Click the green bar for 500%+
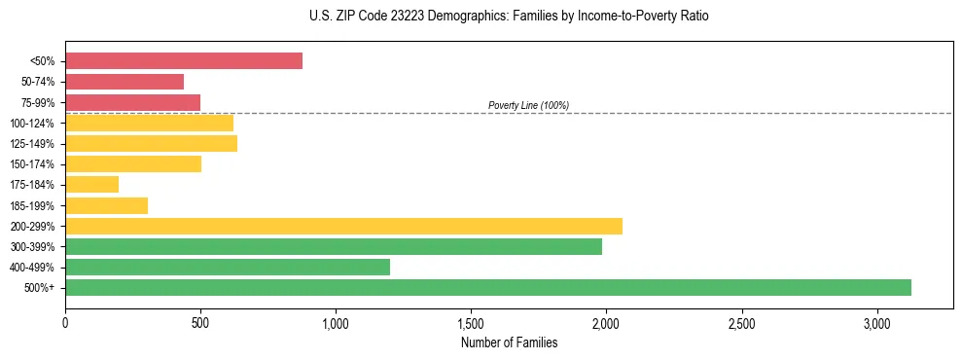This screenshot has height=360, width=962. tap(487, 287)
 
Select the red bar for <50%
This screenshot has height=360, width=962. tap(184, 60)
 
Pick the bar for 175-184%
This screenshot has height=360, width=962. tap(91, 184)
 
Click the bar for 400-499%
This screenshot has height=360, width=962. tap(228, 267)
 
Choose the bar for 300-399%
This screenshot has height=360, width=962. tap(334, 246)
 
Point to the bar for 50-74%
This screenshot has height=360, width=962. tap(125, 82)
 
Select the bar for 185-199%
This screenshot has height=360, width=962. tap(106, 205)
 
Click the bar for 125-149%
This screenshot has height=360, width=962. tap(151, 143)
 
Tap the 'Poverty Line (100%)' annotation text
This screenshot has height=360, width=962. tap(528, 105)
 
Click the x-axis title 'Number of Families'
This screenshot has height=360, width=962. tap(509, 342)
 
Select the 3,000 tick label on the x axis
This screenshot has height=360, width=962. tap(876, 322)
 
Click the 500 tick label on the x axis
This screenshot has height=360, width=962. tap(200, 322)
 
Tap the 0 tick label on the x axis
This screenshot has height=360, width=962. tap(65, 322)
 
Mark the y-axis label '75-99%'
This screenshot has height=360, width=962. tap(38, 102)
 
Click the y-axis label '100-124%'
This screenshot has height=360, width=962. tap(33, 123)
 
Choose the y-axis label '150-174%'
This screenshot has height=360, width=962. tap(33, 164)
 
